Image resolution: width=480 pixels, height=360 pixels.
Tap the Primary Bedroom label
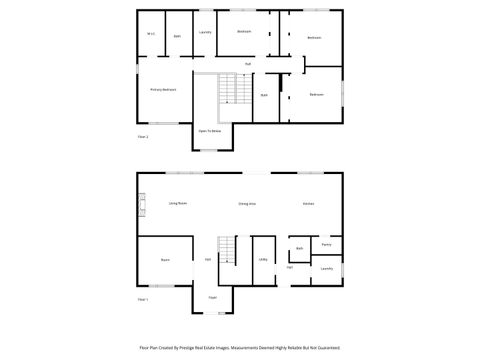point(163,89)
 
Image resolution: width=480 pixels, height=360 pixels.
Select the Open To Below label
point(209,131)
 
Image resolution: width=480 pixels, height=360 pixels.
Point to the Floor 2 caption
point(142,135)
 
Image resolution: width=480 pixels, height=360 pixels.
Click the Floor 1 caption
point(142,299)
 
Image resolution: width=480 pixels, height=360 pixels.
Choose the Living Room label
point(178,203)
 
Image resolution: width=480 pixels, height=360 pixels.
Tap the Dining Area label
point(246,203)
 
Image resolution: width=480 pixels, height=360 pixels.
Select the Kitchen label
point(309,203)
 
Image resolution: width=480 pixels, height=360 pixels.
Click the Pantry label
point(326,244)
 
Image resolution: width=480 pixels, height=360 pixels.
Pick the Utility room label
point(263,259)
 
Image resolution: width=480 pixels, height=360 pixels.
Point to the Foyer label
point(212,297)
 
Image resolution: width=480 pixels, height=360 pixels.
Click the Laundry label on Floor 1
point(326,268)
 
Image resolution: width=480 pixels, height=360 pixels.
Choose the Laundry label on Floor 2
point(205,32)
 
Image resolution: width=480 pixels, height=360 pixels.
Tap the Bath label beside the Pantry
point(299,248)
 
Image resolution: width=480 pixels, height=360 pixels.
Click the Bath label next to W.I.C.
point(177,35)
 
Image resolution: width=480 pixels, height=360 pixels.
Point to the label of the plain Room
point(164,259)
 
